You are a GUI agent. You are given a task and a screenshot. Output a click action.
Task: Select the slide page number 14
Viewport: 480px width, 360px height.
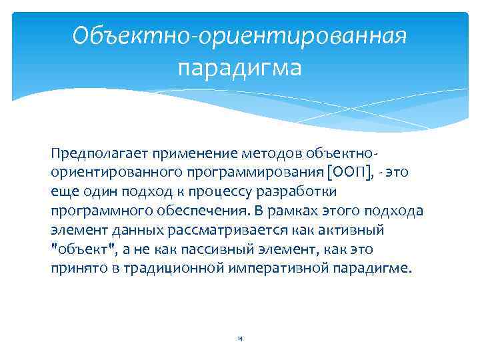point(239,339)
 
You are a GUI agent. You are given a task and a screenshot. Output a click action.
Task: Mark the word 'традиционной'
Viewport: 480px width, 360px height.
point(163,269)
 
